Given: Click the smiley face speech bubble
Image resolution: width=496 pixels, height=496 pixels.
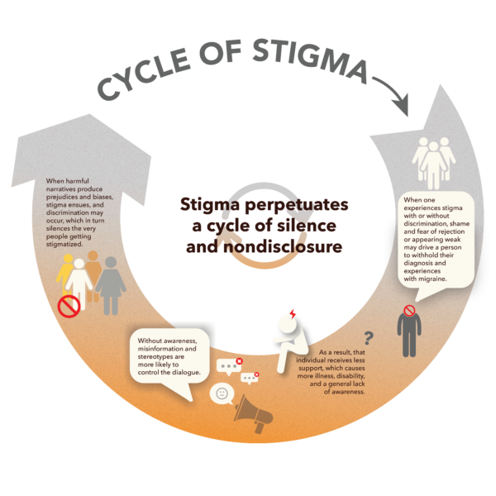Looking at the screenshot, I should pos(221,393).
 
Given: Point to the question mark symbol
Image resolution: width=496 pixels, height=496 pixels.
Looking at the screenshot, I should pos(369,336).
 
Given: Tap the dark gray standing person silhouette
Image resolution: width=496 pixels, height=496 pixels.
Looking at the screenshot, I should pos(408,331).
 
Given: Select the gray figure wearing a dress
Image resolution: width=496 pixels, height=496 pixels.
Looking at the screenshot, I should pos(109,286).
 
